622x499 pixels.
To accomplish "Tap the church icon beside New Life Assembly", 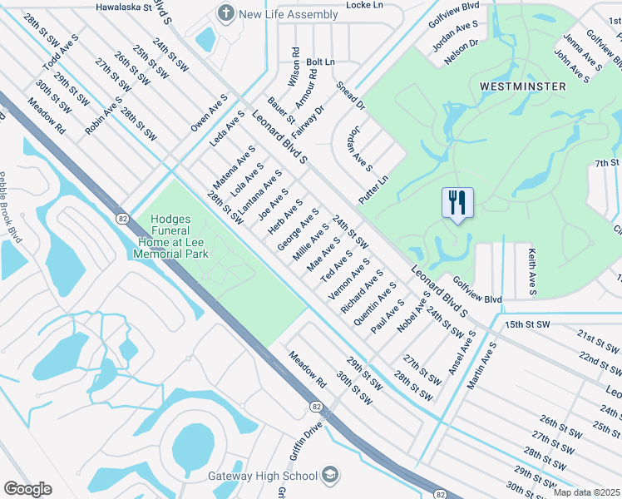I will (225, 13).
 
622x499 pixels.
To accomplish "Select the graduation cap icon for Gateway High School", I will (330, 475).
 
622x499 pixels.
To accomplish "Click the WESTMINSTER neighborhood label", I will (522, 86).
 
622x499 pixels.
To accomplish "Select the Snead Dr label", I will (350, 96).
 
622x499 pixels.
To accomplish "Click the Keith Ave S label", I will (531, 271).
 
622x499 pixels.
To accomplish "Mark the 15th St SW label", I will (527, 324).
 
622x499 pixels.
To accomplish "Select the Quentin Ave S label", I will (374, 307).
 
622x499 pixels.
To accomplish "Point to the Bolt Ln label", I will (320, 62).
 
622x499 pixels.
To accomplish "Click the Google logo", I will (27, 489).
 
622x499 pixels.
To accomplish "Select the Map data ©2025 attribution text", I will (586, 492).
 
